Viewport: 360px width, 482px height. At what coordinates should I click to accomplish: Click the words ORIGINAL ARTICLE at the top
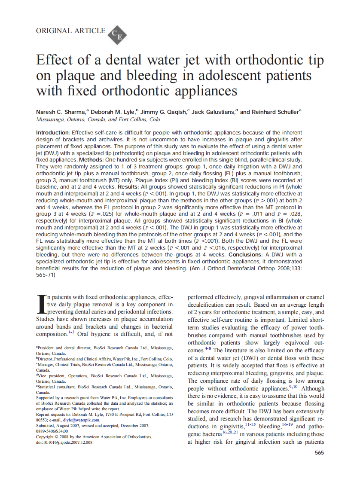71,31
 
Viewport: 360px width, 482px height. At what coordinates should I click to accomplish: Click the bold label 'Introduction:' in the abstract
53,133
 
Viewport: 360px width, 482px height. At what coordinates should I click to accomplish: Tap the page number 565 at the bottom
319,453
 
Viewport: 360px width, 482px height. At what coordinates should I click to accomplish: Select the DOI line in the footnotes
64,442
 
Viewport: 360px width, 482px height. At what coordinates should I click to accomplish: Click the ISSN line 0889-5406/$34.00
52,431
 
